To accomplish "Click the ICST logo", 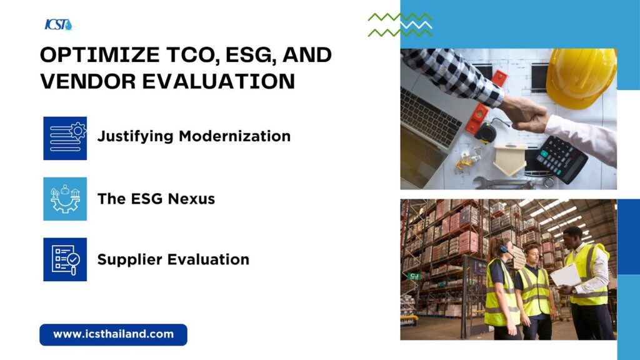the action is coord(59,25).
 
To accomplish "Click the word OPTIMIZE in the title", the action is coord(100,55).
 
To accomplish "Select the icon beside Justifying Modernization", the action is coord(65,138).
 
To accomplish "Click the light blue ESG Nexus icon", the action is coord(65,199).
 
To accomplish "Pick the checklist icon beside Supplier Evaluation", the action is coord(65,259).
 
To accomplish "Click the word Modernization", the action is coord(235,136).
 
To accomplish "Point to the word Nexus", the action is coord(191,199).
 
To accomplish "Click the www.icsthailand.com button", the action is coord(114,335).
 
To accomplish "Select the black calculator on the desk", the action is coord(562,159).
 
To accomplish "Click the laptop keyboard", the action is coord(431,117).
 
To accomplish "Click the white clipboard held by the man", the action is coord(565,276).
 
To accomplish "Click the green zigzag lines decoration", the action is coord(400,25).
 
